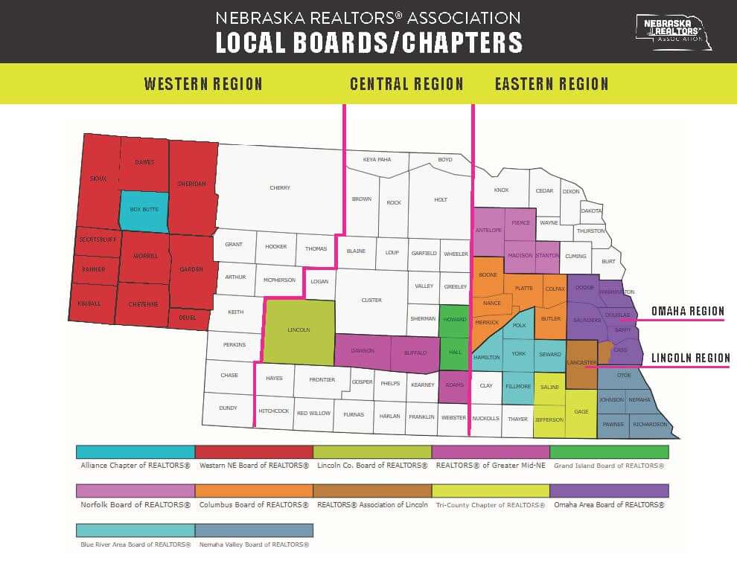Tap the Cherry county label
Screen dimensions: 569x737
pyautogui.click(x=280, y=188)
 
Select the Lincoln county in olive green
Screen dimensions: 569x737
pyautogui.click(x=299, y=330)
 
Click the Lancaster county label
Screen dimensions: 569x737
pyautogui.click(x=581, y=362)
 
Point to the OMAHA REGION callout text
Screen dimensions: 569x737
pyautogui.click(x=687, y=312)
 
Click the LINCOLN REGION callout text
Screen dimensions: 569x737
pyautogui.click(x=690, y=359)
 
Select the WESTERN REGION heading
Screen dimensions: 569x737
pyautogui.click(x=203, y=84)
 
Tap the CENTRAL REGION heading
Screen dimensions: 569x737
pyautogui.click(x=406, y=84)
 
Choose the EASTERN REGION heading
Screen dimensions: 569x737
pyautogui.click(x=552, y=84)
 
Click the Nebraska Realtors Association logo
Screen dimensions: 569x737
pyautogui.click(x=672, y=32)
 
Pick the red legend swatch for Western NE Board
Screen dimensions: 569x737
pyautogui.click(x=254, y=451)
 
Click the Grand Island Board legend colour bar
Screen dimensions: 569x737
pyautogui.click(x=609, y=451)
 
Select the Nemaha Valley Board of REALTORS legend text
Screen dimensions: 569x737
pyautogui.click(x=254, y=545)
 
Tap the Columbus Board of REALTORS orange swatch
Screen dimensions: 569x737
pyautogui.click(x=254, y=491)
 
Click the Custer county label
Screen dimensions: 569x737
pyautogui.click(x=371, y=300)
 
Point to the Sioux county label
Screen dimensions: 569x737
pyautogui.click(x=98, y=179)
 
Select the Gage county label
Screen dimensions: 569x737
pyautogui.click(x=581, y=412)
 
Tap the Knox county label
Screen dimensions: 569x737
pyautogui.click(x=501, y=190)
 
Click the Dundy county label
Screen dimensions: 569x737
pyautogui.click(x=228, y=408)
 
